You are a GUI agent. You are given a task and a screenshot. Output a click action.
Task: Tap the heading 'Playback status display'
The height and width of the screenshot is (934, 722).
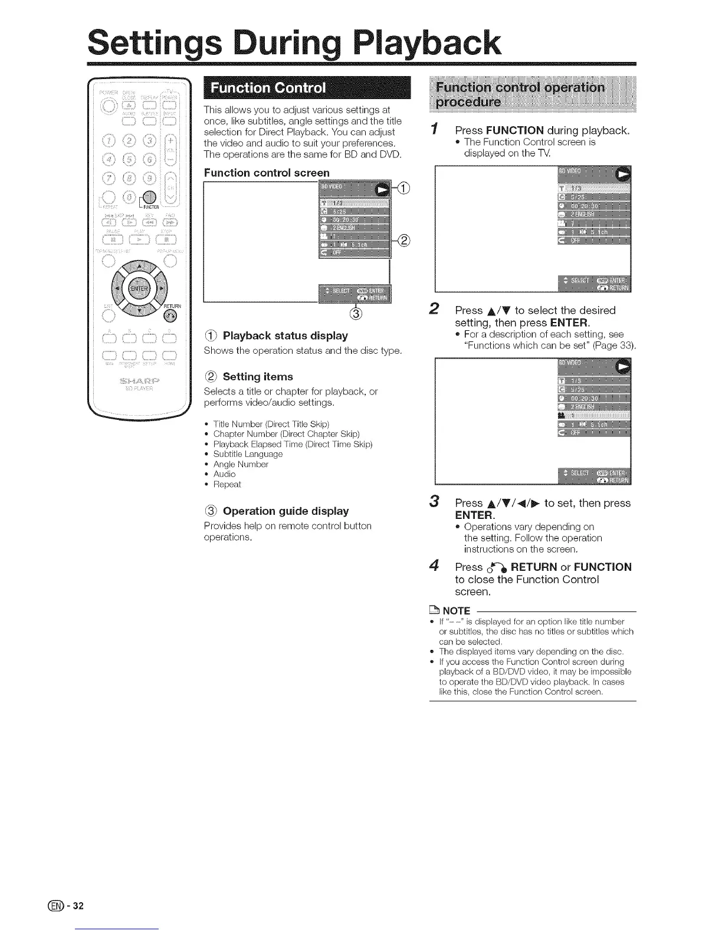[x=285, y=336]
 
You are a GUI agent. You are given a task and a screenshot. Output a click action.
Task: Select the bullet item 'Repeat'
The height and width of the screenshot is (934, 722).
[x=227, y=484]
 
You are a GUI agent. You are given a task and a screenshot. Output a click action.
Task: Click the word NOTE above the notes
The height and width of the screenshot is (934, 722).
[x=456, y=610]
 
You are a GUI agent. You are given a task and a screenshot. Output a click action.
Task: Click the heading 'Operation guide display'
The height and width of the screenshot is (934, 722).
[x=285, y=511]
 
